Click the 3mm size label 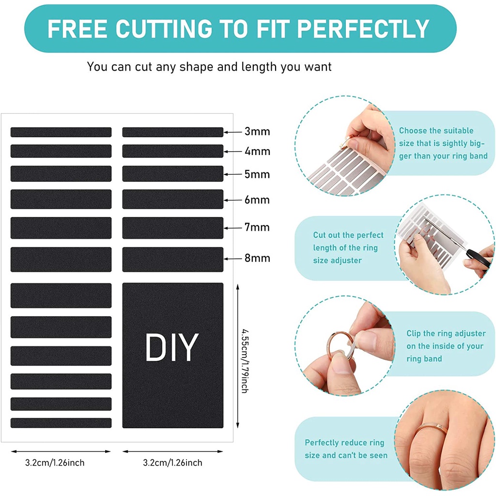tap(257, 131)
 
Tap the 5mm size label tap(257, 174)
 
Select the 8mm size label tap(257, 258)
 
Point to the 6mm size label tap(257, 200)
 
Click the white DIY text tap(172, 347)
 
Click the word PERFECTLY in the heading tap(363, 29)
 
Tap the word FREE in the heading tap(77, 29)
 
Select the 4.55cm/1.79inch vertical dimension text tap(245, 361)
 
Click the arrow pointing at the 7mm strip tap(233, 228)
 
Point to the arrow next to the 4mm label tap(233, 152)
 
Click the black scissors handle tap(478, 257)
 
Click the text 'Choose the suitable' tap(436, 131)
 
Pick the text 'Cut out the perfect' tap(348, 235)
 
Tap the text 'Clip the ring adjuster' tap(446, 333)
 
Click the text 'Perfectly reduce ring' tap(344, 443)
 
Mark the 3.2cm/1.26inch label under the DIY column tap(173, 463)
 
